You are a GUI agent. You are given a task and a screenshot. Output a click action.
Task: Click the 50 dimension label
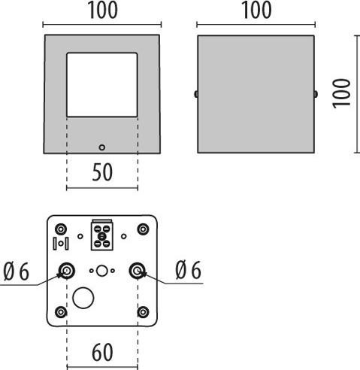[102, 172]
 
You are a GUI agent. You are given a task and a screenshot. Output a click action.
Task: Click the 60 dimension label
[102, 352]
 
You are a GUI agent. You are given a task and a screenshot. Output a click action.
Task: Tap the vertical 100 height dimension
[341, 93]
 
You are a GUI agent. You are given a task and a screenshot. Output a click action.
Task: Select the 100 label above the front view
[102, 11]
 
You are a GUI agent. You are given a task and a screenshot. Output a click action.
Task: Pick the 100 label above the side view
[256, 11]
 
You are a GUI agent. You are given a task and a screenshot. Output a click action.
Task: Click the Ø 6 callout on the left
[17, 271]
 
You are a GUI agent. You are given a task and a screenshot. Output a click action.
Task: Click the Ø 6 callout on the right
[188, 270]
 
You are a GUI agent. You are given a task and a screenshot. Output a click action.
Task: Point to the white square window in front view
[102, 85]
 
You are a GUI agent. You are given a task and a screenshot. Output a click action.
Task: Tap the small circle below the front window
[101, 147]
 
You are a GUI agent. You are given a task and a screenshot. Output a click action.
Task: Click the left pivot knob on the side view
[196, 94]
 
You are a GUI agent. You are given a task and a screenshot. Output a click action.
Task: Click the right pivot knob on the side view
[316, 94]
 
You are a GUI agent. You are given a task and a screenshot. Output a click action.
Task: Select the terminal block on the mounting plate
[102, 235]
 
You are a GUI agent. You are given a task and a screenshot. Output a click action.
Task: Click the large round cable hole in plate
[83, 298]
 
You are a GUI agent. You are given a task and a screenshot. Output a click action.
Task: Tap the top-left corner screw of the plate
[61, 229]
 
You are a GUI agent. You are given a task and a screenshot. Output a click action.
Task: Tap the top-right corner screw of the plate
[143, 229]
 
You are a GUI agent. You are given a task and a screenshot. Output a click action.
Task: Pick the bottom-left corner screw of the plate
[61, 312]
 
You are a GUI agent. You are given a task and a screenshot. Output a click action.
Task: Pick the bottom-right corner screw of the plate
[143, 312]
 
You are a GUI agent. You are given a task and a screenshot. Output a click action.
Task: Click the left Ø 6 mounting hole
[67, 271]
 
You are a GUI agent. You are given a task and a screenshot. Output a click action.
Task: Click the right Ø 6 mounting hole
[138, 271]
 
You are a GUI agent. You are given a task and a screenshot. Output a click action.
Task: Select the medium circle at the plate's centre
[102, 271]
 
